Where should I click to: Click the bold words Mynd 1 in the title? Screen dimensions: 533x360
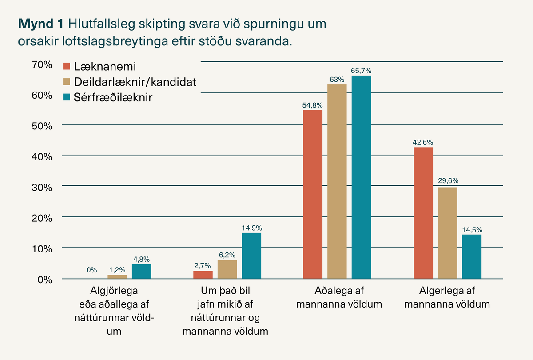[x=41, y=24]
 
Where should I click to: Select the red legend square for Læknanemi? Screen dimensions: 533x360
[x=66, y=66]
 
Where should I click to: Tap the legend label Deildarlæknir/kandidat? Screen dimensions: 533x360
[x=135, y=82]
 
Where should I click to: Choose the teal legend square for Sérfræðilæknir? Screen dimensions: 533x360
[x=66, y=97]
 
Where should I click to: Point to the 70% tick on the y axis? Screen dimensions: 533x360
[x=42, y=64]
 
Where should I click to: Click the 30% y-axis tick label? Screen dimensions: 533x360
[x=42, y=188]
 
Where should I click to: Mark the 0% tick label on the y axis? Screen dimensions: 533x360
[x=45, y=280]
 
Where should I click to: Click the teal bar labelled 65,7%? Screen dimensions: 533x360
[x=361, y=177]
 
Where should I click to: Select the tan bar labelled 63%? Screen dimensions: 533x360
[x=337, y=181]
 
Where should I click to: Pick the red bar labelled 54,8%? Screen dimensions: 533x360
[x=313, y=194]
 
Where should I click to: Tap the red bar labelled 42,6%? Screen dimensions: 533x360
[x=423, y=213]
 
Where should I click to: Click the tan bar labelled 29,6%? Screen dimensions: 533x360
[x=448, y=233]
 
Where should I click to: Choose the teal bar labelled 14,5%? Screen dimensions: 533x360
[x=472, y=256]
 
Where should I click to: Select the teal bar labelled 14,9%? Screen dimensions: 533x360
[x=251, y=256]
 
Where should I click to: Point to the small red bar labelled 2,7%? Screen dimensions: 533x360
[x=203, y=275]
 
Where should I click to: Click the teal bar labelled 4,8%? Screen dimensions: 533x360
[x=142, y=272]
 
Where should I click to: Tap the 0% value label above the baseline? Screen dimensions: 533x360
[x=91, y=270]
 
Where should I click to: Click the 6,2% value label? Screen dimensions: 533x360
[x=227, y=255]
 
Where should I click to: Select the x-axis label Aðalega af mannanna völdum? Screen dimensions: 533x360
[x=339, y=297]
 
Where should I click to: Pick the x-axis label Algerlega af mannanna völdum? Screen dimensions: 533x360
[x=447, y=297]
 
